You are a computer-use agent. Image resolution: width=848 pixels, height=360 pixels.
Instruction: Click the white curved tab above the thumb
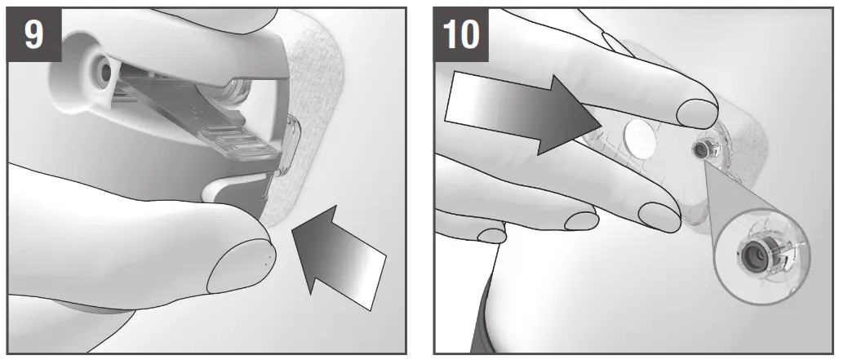(x=237, y=184)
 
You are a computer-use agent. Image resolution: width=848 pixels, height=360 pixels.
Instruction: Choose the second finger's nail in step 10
(x=659, y=215)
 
